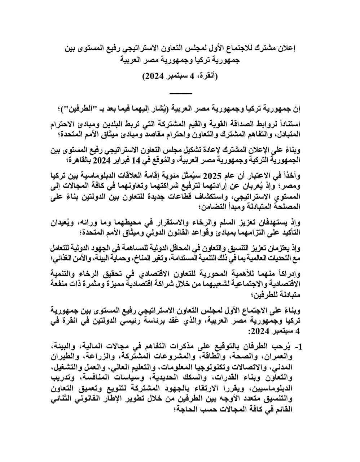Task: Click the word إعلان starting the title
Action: [x=286, y=48]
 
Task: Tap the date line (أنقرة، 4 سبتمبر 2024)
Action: [x=180, y=76]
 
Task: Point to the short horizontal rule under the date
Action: [x=180, y=93]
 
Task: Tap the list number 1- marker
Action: [x=298, y=347]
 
